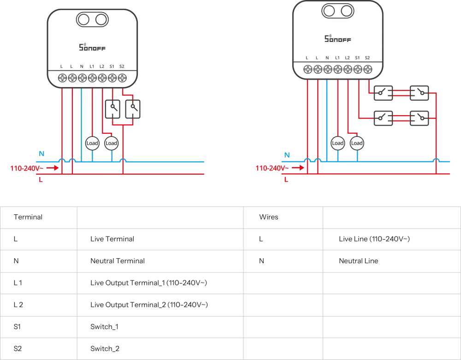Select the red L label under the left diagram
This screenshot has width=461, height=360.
tap(41, 180)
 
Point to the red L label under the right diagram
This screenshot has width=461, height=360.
tap(287, 180)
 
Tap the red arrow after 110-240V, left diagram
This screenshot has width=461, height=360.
tap(52, 168)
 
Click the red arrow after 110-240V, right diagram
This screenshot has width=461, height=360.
tap(297, 168)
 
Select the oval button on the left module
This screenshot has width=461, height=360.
tap(91, 20)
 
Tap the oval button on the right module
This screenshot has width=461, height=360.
tap(339, 12)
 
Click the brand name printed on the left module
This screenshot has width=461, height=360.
tap(92, 46)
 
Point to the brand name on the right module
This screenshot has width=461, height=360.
tap(339, 40)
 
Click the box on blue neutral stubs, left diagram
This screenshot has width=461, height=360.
tap(102, 143)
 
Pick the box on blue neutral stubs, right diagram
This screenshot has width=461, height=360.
tap(348, 142)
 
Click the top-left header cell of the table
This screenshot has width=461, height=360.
tap(38, 218)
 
